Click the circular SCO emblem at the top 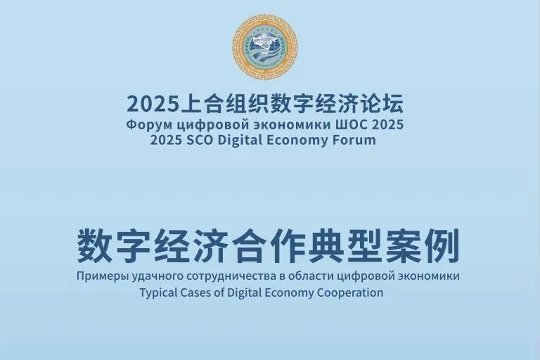(x=264, y=47)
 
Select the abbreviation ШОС (x=347, y=124)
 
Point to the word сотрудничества (x=231, y=276)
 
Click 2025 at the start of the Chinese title (x=153, y=104)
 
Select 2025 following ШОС (x=383, y=124)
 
